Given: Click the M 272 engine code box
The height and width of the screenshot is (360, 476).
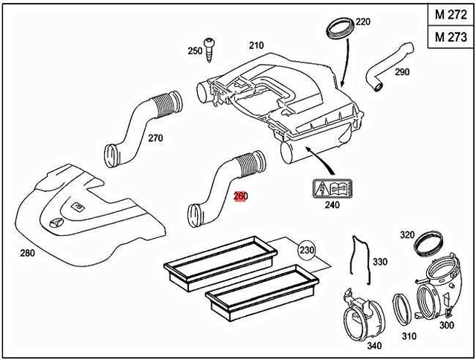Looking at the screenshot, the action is pyautogui.click(x=451, y=14).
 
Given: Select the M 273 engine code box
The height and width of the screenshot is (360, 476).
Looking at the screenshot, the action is pyautogui.click(x=451, y=37).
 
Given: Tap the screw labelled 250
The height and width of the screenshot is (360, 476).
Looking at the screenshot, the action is pyautogui.click(x=209, y=50).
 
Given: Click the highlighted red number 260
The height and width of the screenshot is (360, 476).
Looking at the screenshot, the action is pyautogui.click(x=240, y=196).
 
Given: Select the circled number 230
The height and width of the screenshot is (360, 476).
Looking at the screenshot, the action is pyautogui.click(x=306, y=251).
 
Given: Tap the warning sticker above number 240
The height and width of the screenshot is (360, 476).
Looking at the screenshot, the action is pyautogui.click(x=332, y=189).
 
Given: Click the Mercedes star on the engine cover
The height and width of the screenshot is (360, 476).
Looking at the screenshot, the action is pyautogui.click(x=57, y=223).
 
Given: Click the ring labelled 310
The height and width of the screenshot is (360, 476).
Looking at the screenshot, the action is pyautogui.click(x=402, y=310).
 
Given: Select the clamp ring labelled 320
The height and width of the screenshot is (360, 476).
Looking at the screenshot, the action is pyautogui.click(x=428, y=242).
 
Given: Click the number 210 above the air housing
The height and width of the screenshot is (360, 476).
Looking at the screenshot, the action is pyautogui.click(x=257, y=45).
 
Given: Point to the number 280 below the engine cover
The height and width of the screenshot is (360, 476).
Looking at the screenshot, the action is pyautogui.click(x=28, y=253).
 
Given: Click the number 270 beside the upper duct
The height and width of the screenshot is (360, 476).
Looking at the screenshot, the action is pyautogui.click(x=155, y=138).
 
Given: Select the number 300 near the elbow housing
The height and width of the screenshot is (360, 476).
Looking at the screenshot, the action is pyautogui.click(x=446, y=325).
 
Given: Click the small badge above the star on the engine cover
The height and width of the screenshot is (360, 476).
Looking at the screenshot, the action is pyautogui.click(x=77, y=207).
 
